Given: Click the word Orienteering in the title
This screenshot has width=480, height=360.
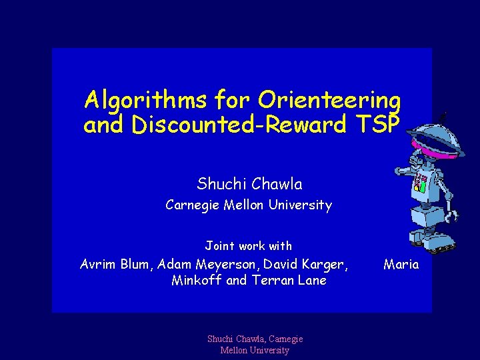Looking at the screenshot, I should (x=329, y=101).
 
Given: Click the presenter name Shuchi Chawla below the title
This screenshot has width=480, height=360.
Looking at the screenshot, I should (x=249, y=183).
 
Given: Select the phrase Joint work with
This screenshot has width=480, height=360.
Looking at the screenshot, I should (x=249, y=246).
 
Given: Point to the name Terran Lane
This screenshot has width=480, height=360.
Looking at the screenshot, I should (x=289, y=281).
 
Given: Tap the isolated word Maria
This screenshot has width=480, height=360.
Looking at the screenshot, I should (x=401, y=265).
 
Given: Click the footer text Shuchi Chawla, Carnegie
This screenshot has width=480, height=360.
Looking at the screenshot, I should (x=255, y=339).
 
